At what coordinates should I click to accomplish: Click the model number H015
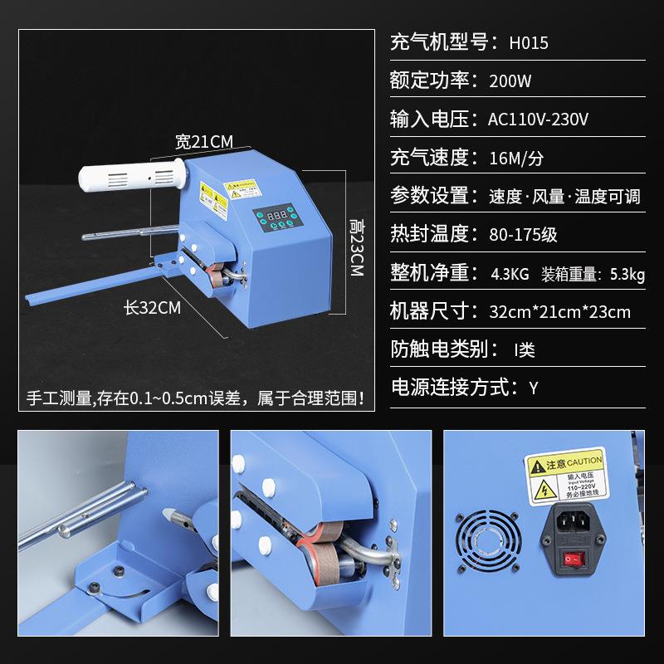[x=529, y=43]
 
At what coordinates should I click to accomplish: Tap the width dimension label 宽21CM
[x=203, y=140]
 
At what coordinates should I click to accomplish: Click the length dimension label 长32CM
[x=152, y=308]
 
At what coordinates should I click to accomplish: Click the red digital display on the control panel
[x=277, y=215]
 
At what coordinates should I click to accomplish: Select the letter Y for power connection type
[x=534, y=388]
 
